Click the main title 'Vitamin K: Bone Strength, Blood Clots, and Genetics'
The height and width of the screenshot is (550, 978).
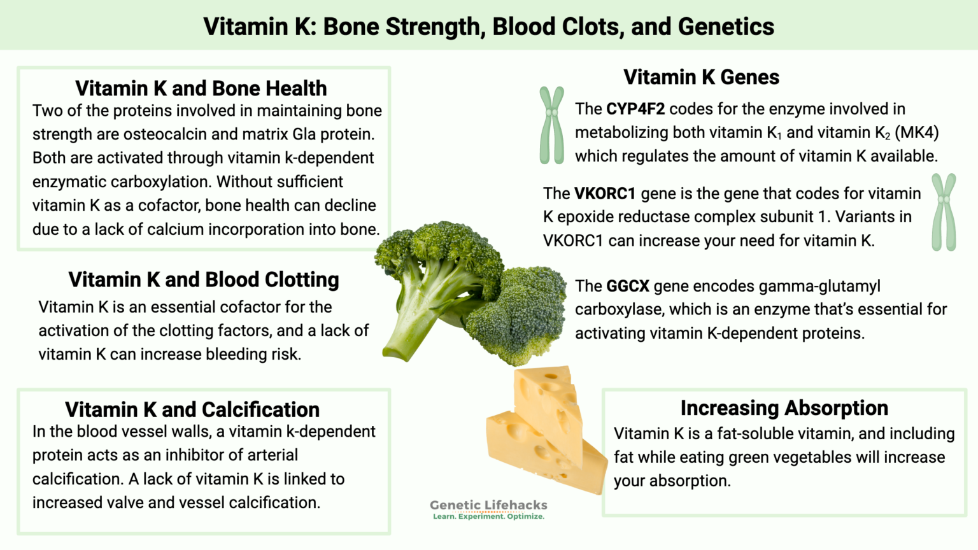coord(488,27)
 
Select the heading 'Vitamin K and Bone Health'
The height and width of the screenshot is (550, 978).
coord(201,88)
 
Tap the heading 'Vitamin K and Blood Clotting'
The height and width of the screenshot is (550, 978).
coord(203,279)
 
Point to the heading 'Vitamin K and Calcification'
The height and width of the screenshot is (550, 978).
coord(192,409)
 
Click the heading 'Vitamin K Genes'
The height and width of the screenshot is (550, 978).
coord(701,77)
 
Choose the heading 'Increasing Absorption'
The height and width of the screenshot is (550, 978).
coord(784,407)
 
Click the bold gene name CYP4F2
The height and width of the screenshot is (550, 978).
coord(635,109)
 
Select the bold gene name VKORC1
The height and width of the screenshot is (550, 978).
coord(604,194)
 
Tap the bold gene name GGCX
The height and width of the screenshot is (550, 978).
coord(627,286)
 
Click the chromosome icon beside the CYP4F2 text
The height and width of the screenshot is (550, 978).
coord(551,125)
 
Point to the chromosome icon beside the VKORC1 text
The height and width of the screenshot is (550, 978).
coord(944,212)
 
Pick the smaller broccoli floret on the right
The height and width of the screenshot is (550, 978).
coord(519,315)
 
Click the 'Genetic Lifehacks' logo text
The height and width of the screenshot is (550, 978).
coord(488,505)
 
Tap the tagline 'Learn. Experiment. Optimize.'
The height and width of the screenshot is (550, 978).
coord(488,516)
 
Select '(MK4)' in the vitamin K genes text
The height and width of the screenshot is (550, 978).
coord(916,132)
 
